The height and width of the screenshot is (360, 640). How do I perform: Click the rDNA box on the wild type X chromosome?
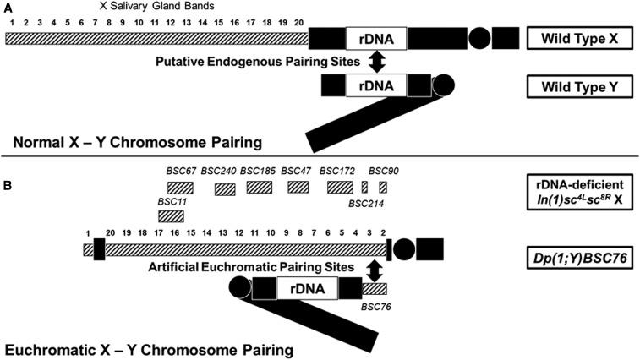click(376, 38)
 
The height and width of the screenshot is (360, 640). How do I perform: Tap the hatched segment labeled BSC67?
click(181, 187)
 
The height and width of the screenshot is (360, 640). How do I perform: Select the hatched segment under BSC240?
click(225, 189)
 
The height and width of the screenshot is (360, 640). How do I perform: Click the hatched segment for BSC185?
click(259, 187)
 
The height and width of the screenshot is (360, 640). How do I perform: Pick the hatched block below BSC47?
click(298, 187)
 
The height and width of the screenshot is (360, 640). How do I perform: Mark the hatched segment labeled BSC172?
click(340, 187)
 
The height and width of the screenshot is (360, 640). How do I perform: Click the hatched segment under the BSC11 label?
click(171, 216)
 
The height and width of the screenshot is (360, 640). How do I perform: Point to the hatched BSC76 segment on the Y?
click(375, 289)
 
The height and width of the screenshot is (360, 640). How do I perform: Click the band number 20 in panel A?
click(299, 21)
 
